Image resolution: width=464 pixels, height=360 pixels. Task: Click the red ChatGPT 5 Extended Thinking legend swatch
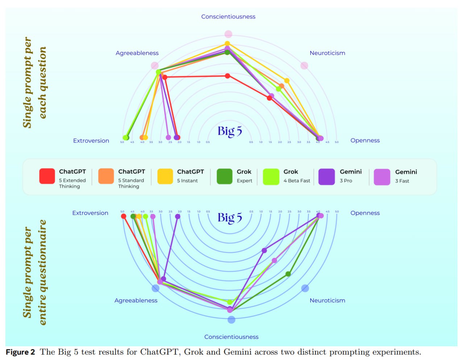47,176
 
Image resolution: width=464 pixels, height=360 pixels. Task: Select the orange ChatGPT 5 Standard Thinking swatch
106,176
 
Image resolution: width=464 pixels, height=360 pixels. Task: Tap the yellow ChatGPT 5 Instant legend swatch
165,176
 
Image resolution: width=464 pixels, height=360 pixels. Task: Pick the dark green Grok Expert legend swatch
224,176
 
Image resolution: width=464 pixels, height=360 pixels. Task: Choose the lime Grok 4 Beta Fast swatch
271,177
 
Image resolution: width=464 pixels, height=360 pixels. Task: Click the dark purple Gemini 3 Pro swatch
326,177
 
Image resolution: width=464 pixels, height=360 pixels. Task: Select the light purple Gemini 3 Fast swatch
382,177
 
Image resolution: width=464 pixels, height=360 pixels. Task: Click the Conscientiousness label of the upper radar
228,17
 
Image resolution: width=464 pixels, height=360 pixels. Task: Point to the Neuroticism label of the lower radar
327,301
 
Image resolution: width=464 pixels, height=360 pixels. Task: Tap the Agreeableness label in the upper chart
137,53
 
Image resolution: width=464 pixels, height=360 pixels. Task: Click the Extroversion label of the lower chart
90,213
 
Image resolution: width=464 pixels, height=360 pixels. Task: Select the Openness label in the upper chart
365,141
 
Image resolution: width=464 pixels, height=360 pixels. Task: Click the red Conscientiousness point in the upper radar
228,76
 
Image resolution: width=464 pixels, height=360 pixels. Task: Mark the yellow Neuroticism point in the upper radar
287,80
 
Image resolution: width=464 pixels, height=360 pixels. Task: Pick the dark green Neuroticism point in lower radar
288,274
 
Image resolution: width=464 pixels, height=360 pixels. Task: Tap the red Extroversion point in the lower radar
124,216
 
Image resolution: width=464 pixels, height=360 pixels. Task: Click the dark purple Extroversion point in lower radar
178,216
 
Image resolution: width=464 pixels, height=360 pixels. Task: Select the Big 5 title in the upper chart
229,131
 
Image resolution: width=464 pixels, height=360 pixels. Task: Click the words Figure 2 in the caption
20,352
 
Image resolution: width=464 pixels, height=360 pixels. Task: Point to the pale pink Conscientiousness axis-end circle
228,34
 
